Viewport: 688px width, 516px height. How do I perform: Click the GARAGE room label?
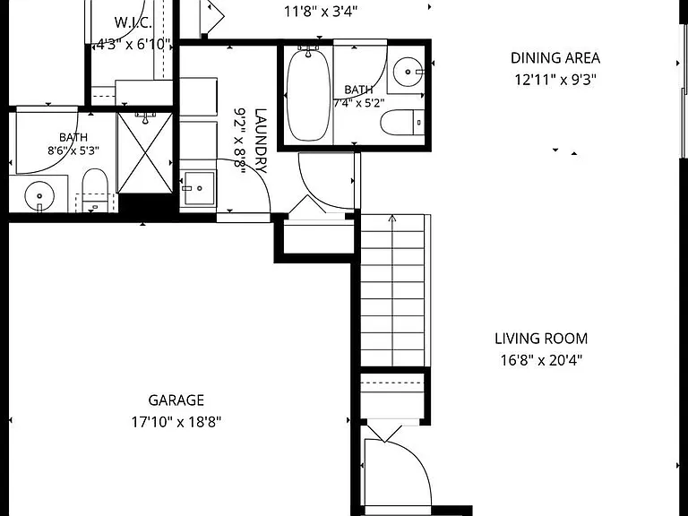[x=176, y=400]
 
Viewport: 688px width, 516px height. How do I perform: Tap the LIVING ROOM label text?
[x=541, y=339]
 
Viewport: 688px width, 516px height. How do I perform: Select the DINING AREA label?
[x=555, y=58]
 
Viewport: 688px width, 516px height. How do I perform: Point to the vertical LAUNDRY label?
[x=260, y=141]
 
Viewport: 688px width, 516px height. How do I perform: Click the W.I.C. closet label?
[x=133, y=22]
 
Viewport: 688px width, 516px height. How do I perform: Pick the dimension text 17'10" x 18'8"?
[x=176, y=422]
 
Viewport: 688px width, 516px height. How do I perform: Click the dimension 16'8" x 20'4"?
[x=541, y=360]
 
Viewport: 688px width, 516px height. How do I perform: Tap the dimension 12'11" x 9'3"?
[x=555, y=80]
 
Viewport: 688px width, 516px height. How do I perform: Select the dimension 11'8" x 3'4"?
[x=321, y=11]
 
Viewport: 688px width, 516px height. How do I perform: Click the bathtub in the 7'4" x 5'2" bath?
[x=308, y=94]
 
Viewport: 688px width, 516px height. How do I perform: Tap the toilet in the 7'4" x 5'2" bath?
[x=402, y=123]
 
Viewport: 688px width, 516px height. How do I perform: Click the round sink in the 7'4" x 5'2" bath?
[x=408, y=72]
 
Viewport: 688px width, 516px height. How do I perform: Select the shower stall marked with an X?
[x=145, y=152]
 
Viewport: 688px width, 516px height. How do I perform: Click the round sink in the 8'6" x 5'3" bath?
[x=39, y=196]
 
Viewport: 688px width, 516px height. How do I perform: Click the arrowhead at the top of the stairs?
[x=392, y=218]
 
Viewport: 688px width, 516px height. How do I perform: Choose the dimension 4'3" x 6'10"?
[x=133, y=44]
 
